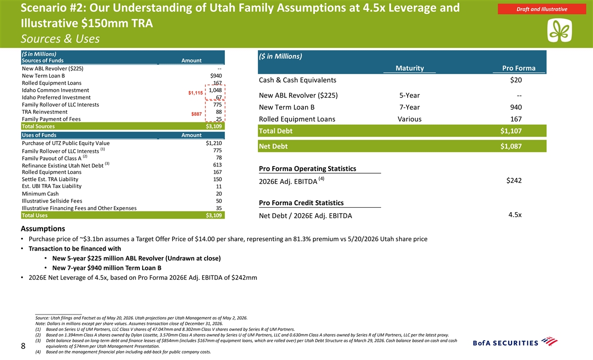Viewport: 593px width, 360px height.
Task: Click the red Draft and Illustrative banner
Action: tap(542, 9)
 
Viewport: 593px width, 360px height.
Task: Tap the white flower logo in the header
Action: tap(559, 31)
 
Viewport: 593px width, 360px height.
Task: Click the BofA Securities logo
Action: tap(515, 342)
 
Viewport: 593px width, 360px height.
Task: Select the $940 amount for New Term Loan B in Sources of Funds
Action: tap(216, 76)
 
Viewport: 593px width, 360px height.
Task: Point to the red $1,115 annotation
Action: tap(195, 92)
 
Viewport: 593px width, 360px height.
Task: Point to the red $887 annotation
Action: tap(197, 114)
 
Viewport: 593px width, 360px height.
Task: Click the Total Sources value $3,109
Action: tap(214, 126)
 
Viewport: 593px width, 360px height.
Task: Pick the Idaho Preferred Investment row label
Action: tap(56, 97)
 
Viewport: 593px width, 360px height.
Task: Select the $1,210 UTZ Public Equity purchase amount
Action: tap(214, 143)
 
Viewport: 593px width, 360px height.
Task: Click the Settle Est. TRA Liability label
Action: tap(50, 179)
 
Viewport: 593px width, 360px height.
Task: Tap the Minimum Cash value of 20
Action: tap(219, 194)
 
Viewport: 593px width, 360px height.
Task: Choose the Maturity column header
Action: tap(410, 68)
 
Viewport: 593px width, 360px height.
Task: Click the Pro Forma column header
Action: tap(519, 68)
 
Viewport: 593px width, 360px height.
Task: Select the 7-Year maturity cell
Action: tap(410, 107)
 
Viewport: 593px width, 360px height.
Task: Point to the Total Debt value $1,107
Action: tap(511, 131)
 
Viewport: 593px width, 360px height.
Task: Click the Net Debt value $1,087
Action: tap(511, 146)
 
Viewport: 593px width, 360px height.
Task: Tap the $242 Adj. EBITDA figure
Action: tap(514, 180)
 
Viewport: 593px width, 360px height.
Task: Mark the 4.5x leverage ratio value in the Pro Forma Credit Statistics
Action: tap(515, 215)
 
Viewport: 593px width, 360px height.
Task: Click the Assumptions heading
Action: tap(43, 228)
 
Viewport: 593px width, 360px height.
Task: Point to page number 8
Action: tap(23, 346)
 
